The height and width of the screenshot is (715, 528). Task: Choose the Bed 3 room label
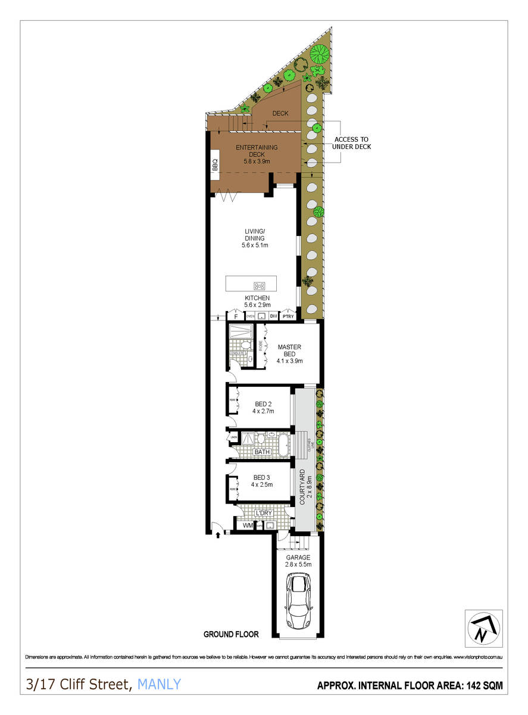coord(263,481)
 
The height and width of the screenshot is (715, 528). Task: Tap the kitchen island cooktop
coord(260,285)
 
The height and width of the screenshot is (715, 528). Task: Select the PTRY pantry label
coord(288,316)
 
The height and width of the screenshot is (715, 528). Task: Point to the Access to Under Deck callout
coord(351,142)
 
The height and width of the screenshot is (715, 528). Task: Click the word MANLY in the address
coord(159,685)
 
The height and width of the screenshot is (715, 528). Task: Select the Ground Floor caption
coord(227,634)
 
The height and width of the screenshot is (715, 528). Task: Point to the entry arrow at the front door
coord(219,536)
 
